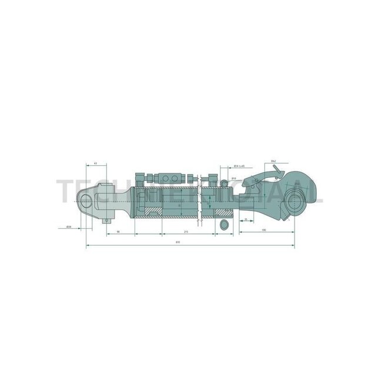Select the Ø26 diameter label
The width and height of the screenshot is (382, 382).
69,227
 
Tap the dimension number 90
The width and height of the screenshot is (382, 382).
118,232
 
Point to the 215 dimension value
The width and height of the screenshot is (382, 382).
185,232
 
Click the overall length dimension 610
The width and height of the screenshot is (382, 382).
178,242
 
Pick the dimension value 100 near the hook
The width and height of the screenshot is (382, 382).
263,229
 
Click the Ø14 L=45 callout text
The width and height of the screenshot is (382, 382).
239,166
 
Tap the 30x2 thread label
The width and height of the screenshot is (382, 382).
274,160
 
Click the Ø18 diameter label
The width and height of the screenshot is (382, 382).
233,178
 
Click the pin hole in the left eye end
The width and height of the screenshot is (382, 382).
86,200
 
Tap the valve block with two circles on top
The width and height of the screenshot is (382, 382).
169,177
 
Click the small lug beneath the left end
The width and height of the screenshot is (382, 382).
108,220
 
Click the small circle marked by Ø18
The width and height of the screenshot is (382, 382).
223,184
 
